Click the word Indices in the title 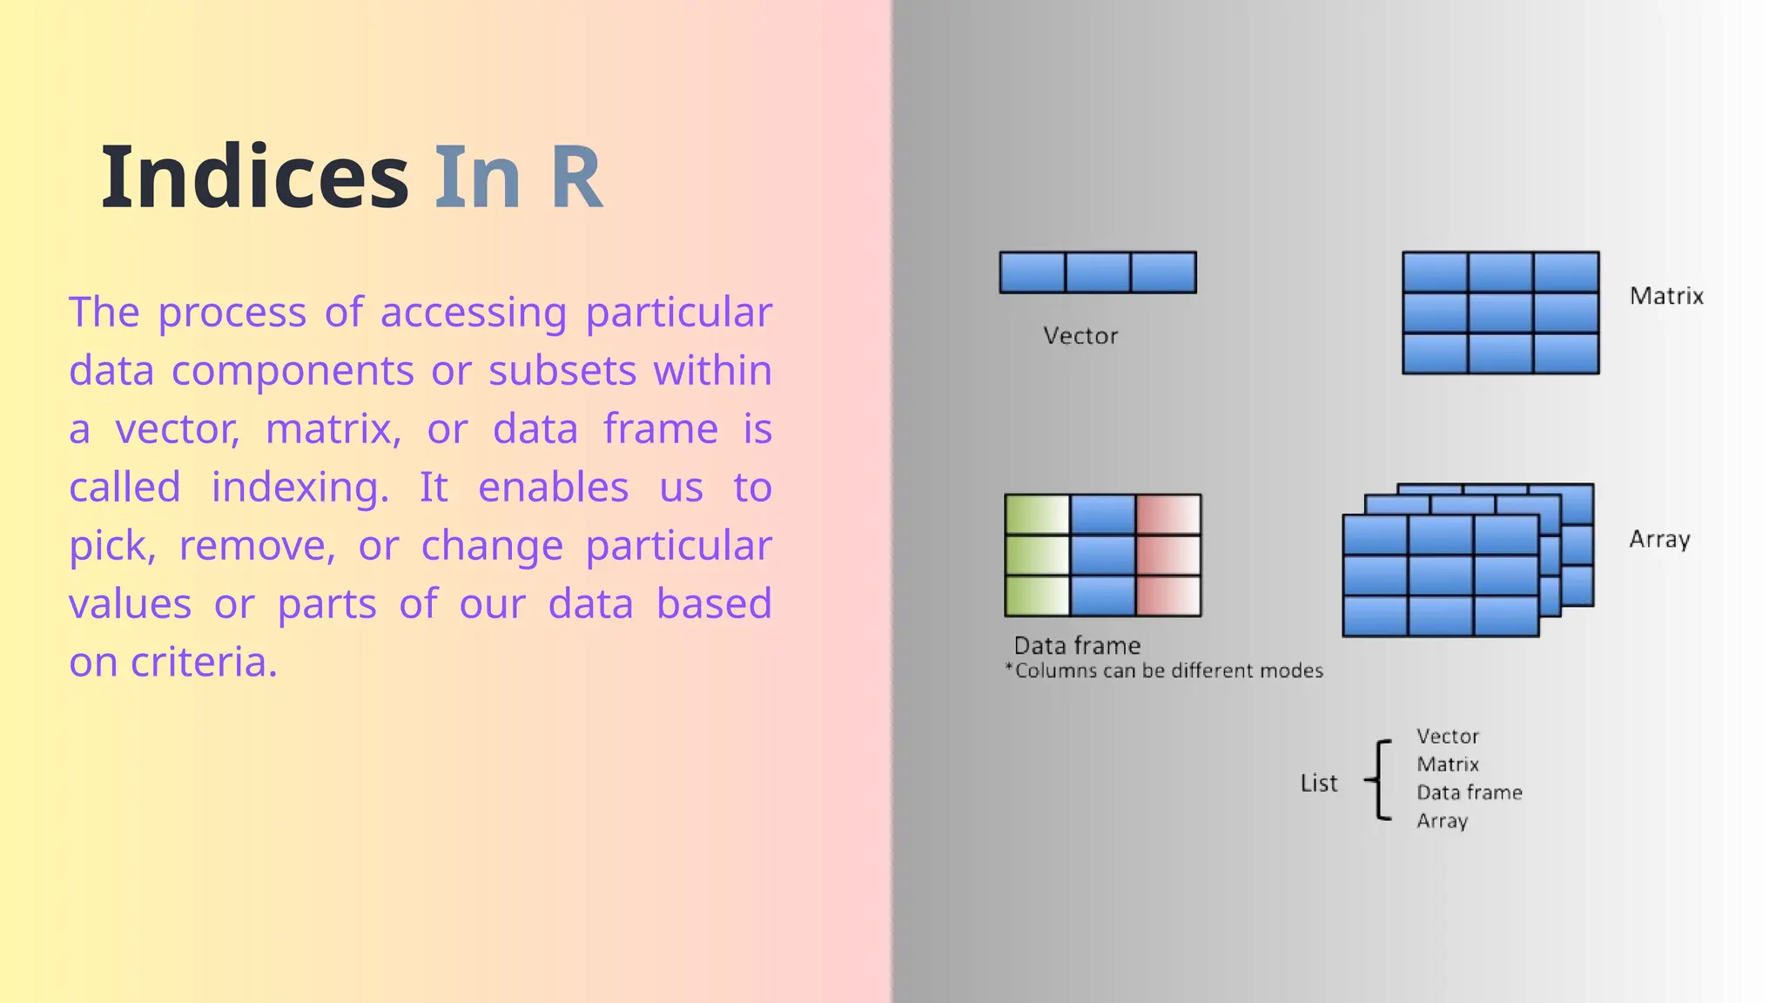tap(254, 178)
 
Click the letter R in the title tap(575, 178)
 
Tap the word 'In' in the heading tap(477, 178)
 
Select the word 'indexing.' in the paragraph tap(300, 487)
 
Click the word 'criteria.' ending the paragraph tap(204, 662)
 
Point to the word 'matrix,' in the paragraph tap(333, 429)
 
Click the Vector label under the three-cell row tap(1080, 336)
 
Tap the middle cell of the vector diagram tap(1098, 273)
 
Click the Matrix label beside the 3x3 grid tap(1666, 296)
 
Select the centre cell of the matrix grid tap(1500, 313)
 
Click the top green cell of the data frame tap(1037, 515)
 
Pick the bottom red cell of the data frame tap(1168, 596)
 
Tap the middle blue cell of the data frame tap(1103, 555)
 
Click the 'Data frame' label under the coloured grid tap(1077, 646)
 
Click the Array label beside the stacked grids tap(1659, 540)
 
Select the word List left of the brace tap(1318, 784)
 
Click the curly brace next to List tap(1378, 780)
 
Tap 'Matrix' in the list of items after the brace tap(1447, 764)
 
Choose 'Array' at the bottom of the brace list tap(1442, 821)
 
